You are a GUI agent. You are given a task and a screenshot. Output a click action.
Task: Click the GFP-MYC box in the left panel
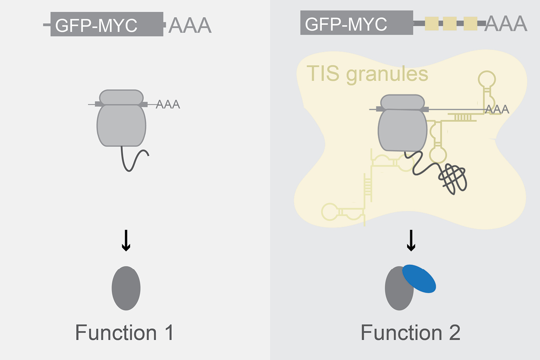107,24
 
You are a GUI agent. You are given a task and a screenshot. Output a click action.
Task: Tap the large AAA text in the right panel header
506,23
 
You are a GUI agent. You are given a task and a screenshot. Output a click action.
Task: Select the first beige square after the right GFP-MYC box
432,23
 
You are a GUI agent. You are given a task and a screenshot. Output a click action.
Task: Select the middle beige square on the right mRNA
450,23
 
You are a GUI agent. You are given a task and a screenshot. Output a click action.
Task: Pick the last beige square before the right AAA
470,23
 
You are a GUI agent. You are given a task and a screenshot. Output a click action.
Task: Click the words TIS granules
367,73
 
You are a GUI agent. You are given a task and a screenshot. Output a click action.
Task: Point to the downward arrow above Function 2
411,241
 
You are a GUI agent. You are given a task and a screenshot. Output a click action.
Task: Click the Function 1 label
124,333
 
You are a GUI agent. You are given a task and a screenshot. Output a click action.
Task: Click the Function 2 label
410,333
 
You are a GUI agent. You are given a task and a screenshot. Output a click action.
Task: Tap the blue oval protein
419,278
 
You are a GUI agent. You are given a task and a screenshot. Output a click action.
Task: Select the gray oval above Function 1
126,288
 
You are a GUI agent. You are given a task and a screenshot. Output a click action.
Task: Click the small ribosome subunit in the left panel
121,97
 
